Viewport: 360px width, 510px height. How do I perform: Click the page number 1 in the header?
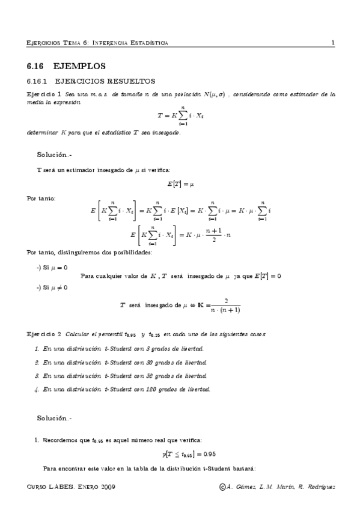[x=332, y=43]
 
